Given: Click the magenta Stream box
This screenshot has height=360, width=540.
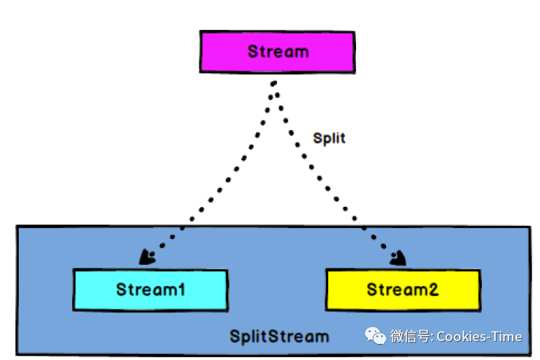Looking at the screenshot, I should pos(277,52).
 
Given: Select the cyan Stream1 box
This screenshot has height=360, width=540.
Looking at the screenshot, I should pos(150,289).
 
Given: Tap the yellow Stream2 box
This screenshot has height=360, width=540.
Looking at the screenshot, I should pos(403,289).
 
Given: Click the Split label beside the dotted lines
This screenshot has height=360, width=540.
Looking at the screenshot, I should pos(329,138).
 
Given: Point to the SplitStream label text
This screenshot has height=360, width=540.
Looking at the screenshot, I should pos(279,336).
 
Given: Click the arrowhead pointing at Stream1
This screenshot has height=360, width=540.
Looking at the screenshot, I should pos(147,257).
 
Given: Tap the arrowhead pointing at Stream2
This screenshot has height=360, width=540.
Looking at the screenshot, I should pos(399,259).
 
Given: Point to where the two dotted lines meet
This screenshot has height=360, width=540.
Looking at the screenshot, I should pos(274,84).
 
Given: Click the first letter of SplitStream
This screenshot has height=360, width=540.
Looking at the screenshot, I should pos(235,336).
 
